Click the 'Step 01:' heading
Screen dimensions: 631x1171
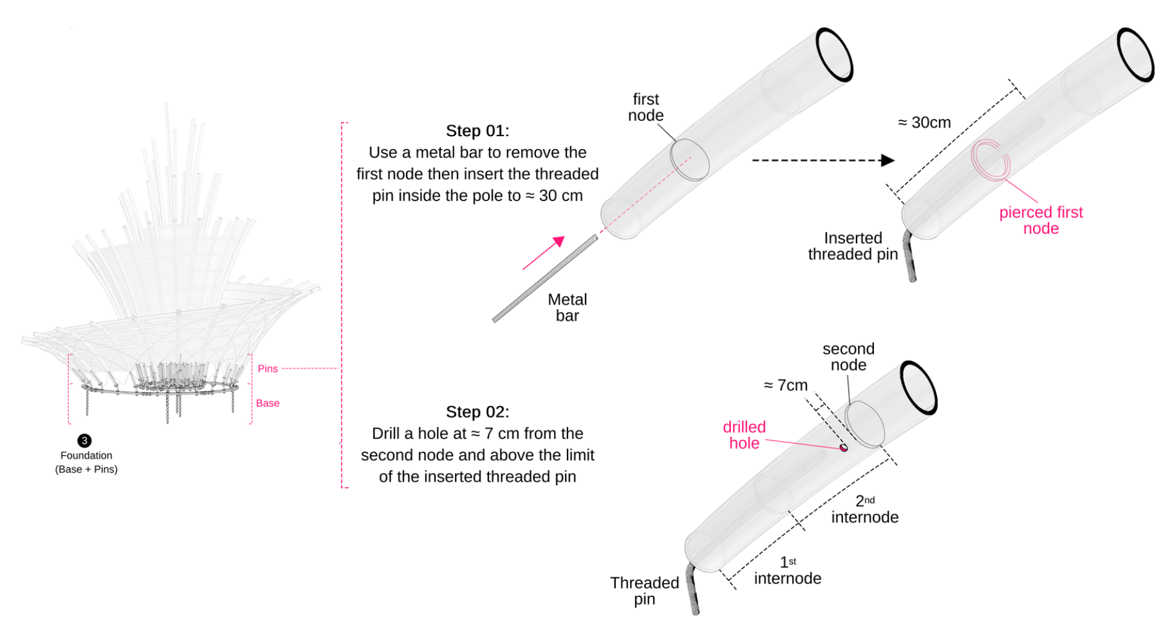point(477,131)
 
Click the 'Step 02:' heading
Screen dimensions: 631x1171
point(477,412)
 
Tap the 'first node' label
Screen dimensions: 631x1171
point(646,108)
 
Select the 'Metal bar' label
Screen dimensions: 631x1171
point(567,307)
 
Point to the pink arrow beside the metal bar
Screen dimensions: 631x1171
point(543,252)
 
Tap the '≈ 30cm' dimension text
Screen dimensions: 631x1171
point(924,122)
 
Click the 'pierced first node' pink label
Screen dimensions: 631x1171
point(1041,220)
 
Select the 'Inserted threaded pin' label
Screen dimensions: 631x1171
point(853,246)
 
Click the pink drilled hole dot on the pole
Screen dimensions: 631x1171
point(843,447)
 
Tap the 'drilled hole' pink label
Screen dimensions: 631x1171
point(744,435)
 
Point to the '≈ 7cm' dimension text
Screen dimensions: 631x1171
point(785,385)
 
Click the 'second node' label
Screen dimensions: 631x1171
point(848,357)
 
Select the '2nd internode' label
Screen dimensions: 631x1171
point(865,509)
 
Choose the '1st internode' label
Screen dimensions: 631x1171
point(787,570)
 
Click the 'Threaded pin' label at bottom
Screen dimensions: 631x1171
point(644,591)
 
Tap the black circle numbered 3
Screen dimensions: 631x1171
point(84,440)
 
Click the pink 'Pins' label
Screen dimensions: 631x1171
point(267,369)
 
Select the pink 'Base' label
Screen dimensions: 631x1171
point(267,403)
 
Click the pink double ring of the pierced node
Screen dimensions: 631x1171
point(990,160)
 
